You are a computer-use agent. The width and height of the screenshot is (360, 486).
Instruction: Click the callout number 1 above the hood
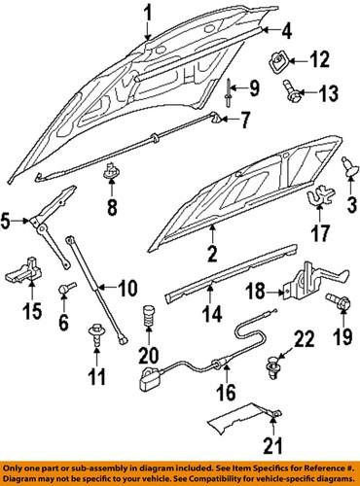(149, 13)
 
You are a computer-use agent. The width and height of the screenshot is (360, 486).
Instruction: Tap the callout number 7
(244, 121)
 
